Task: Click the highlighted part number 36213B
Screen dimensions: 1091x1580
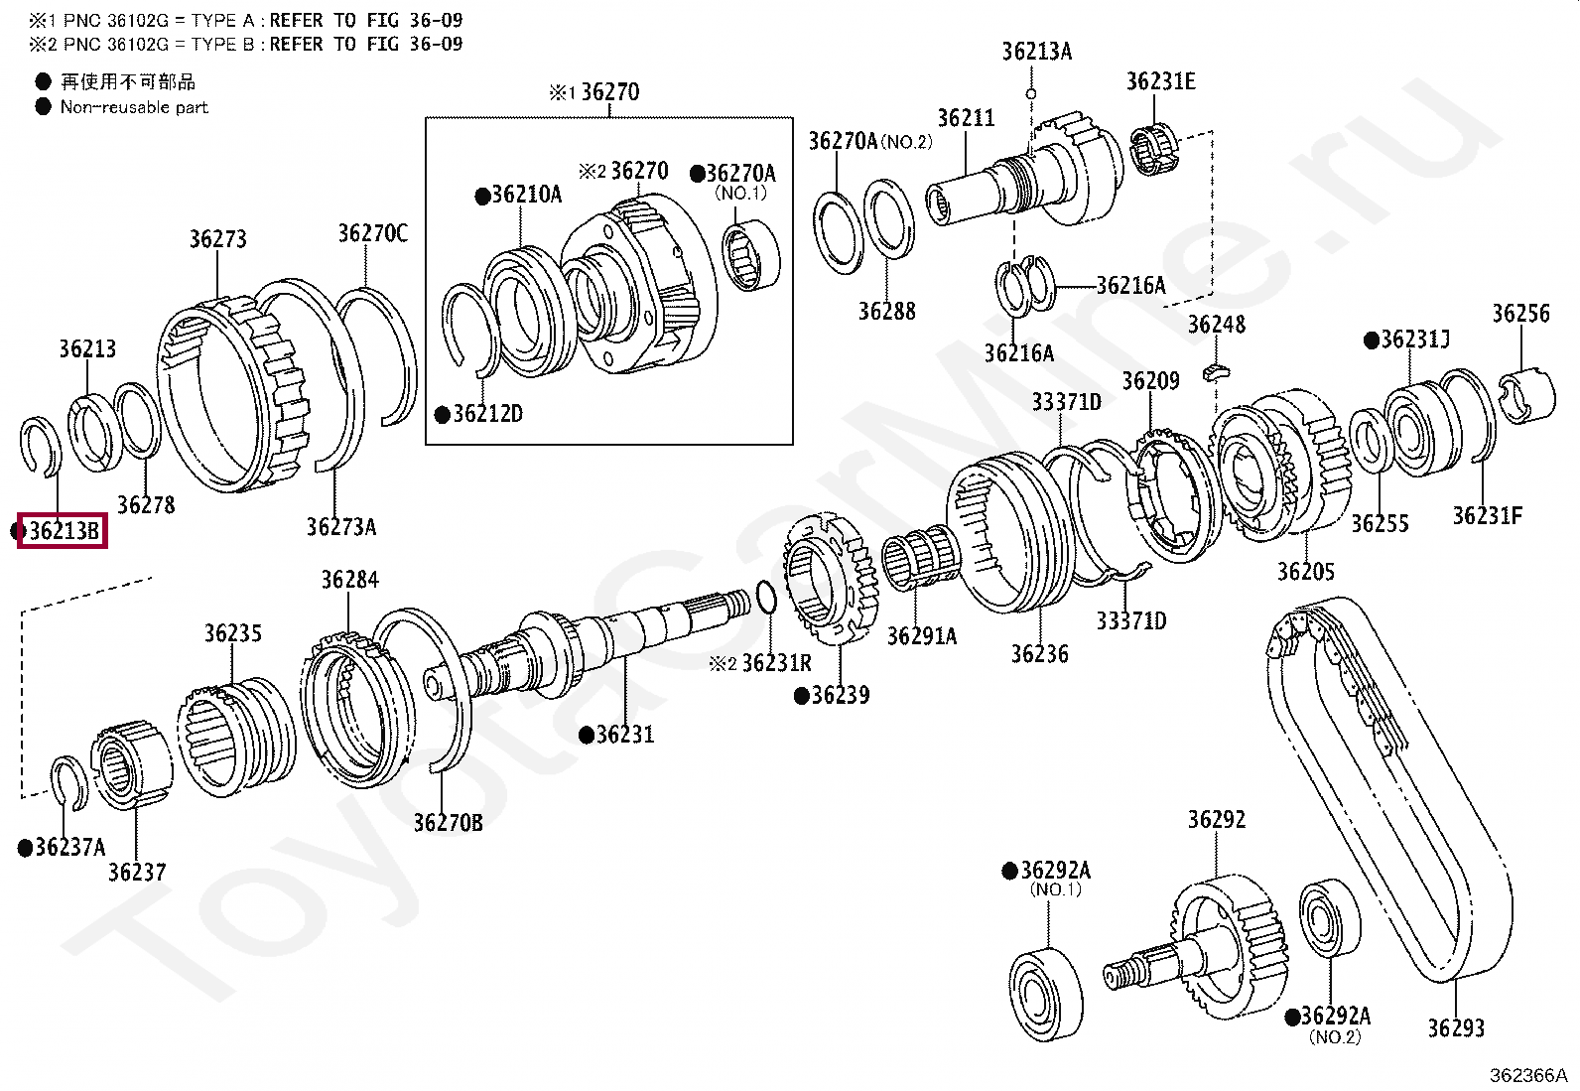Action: tap(64, 532)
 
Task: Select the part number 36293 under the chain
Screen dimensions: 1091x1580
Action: tap(1455, 1027)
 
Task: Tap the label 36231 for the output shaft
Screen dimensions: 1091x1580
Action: tap(625, 735)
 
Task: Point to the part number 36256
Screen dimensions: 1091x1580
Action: tap(1520, 314)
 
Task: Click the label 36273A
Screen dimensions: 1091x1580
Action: tap(340, 527)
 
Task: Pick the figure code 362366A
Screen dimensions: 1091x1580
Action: tap(1527, 1075)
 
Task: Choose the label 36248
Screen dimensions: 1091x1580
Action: tap(1216, 325)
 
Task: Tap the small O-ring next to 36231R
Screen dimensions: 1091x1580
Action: tap(766, 598)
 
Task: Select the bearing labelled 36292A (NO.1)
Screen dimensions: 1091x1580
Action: tap(1047, 994)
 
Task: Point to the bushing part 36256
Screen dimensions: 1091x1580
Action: tap(1526, 394)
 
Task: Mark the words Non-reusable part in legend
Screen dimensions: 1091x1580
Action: tap(134, 107)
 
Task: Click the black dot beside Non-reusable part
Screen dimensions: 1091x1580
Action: tap(43, 107)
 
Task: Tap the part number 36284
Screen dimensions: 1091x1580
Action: tap(349, 580)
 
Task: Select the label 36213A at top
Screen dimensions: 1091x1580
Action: tap(1036, 52)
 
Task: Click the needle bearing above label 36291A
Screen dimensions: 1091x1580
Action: tap(922, 562)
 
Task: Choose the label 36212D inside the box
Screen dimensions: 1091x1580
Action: tap(487, 414)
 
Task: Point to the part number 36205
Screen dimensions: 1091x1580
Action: tap(1305, 572)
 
